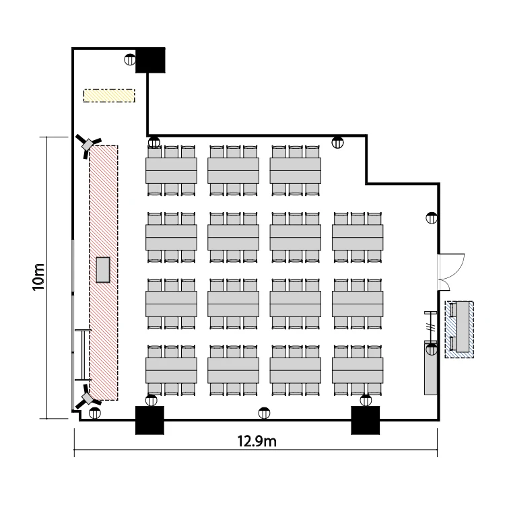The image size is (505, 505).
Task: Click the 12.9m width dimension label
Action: coord(257,441)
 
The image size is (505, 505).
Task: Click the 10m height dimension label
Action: coord(38,277)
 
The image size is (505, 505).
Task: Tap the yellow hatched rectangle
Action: coord(109,96)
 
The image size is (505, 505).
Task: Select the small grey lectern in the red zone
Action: coord(103,270)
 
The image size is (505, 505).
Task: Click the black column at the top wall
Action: coord(150,60)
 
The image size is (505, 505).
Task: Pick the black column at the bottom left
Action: coord(149,420)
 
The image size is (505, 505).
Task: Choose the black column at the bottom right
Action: coord(365,420)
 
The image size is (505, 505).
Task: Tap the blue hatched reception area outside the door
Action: coord(459,329)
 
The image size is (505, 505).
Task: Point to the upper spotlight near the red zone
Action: coord(88,145)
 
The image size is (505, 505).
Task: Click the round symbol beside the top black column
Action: coord(130,59)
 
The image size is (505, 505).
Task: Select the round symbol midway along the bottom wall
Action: coord(264,413)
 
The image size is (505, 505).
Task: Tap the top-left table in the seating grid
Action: coord(171,171)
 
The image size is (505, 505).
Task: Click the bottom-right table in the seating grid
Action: coord(358,370)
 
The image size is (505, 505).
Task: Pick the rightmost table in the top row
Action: coord(296,171)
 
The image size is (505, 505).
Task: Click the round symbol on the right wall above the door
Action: coord(432,218)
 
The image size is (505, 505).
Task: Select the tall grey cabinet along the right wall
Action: coord(431,369)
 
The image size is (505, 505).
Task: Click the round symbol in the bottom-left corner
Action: coord(95,413)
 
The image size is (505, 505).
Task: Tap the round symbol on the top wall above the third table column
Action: coord(337,142)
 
